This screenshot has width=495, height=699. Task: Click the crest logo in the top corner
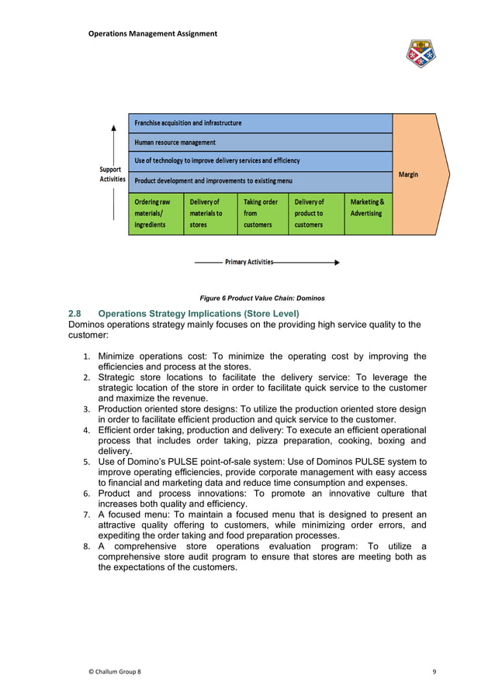[x=421, y=53]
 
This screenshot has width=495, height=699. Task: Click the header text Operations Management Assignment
[x=153, y=33]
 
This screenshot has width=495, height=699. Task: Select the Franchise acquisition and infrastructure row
[x=260, y=123]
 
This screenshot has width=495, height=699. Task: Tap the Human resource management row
[x=260, y=143]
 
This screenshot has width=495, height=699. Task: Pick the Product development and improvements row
[x=260, y=181]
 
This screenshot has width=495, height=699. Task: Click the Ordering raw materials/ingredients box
[x=156, y=213]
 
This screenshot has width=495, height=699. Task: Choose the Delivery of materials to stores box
[x=209, y=213]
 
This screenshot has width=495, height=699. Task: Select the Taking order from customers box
[x=262, y=213]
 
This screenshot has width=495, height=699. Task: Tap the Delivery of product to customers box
[x=316, y=213]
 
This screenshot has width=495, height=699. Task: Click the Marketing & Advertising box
[x=368, y=208]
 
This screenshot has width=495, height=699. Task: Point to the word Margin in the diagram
[x=408, y=174]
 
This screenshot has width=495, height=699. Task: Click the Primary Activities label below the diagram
[x=248, y=262]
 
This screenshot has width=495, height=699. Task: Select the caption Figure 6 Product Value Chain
[x=261, y=298]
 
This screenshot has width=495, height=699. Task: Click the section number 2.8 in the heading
[x=75, y=313]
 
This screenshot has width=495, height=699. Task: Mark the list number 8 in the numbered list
[x=86, y=546]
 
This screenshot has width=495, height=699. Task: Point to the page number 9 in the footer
[x=434, y=670]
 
